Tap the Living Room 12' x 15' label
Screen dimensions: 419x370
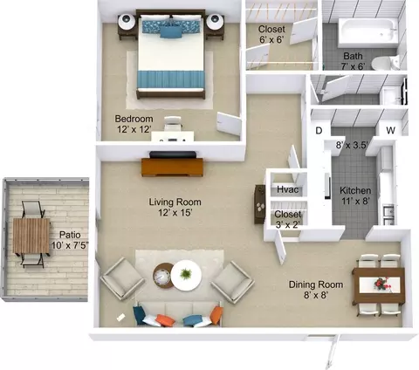[175, 207]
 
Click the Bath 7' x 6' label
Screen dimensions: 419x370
[353, 61]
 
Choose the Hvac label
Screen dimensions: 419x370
[287, 189]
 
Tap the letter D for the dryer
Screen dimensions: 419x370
[319, 131]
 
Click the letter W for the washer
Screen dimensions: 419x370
[391, 130]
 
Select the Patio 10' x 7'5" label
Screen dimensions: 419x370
[70, 240]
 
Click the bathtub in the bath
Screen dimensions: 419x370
[367, 33]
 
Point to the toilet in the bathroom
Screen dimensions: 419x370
[385, 63]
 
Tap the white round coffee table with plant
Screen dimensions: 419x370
[186, 275]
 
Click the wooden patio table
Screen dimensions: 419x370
[31, 236]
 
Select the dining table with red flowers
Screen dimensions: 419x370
[379, 285]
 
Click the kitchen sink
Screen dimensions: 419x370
[388, 215]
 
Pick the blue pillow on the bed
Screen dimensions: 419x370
[170, 32]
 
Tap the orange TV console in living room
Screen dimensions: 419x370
[172, 168]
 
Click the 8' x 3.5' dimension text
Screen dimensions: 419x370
[352, 145]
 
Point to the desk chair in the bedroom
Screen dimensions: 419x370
[173, 123]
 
